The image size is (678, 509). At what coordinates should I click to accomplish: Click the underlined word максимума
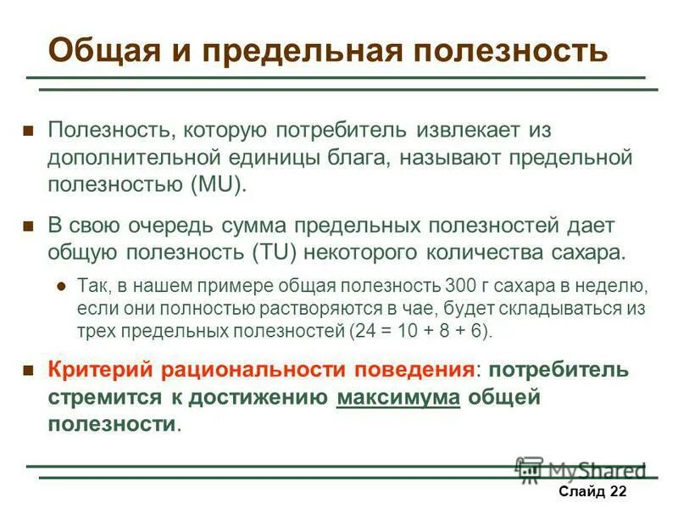(398, 397)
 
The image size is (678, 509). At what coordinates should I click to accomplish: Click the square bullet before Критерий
(28, 372)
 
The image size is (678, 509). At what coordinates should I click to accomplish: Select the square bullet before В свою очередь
(28, 227)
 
